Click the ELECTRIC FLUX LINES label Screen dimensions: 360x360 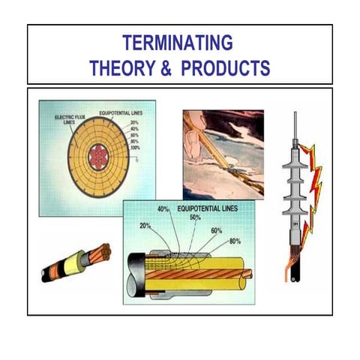[x=68, y=121]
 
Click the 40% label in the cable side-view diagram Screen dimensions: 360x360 [x=164, y=209]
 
